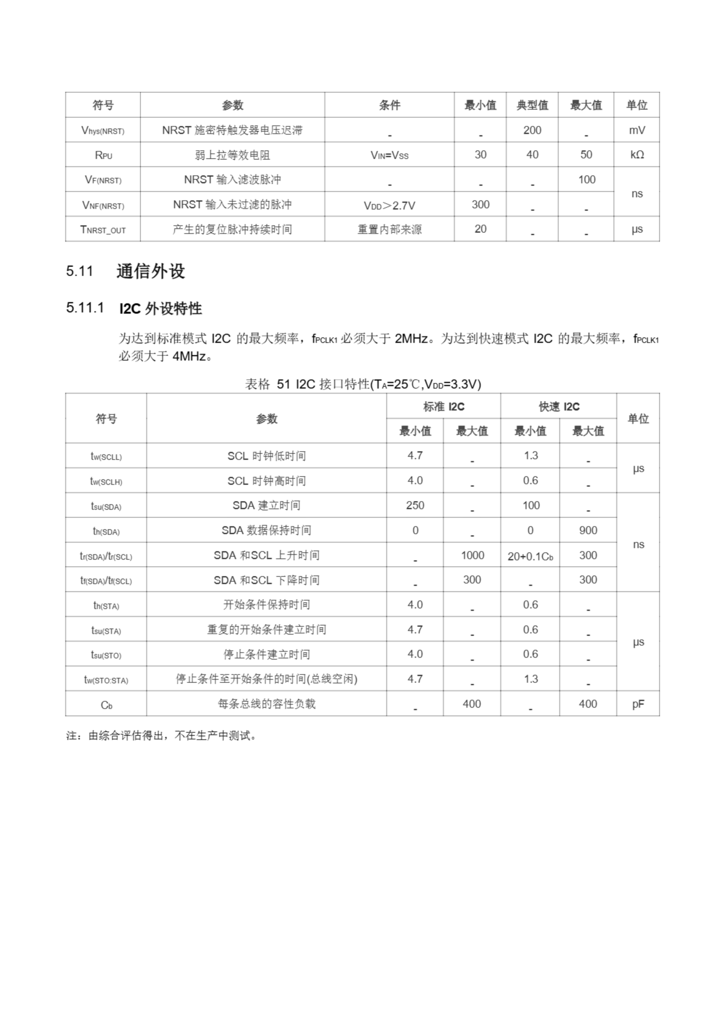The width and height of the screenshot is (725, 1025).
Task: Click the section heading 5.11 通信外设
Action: pos(125,271)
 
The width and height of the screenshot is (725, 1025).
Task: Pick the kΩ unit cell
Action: pos(636,155)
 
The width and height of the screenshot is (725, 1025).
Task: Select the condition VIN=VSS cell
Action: pos(389,155)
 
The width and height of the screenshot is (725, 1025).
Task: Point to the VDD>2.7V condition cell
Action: pos(389,205)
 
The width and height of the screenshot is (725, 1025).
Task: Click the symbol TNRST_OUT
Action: pos(103,229)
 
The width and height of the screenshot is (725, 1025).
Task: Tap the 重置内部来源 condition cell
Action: pos(389,229)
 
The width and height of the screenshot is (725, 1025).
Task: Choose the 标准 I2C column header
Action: pos(443,406)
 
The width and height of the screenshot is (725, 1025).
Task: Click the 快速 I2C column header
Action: pos(558,406)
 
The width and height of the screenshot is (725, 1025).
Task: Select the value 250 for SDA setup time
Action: pos(415,505)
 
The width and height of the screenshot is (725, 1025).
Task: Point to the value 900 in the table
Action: pos(588,531)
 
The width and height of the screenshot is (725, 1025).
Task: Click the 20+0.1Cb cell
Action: pos(530,556)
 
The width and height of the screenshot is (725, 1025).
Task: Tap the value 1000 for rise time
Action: pos(472,555)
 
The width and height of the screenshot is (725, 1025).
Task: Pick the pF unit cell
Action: pos(638,704)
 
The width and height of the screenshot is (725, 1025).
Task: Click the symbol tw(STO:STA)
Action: pos(106,679)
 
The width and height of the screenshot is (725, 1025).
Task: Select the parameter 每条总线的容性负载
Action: pos(266,704)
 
